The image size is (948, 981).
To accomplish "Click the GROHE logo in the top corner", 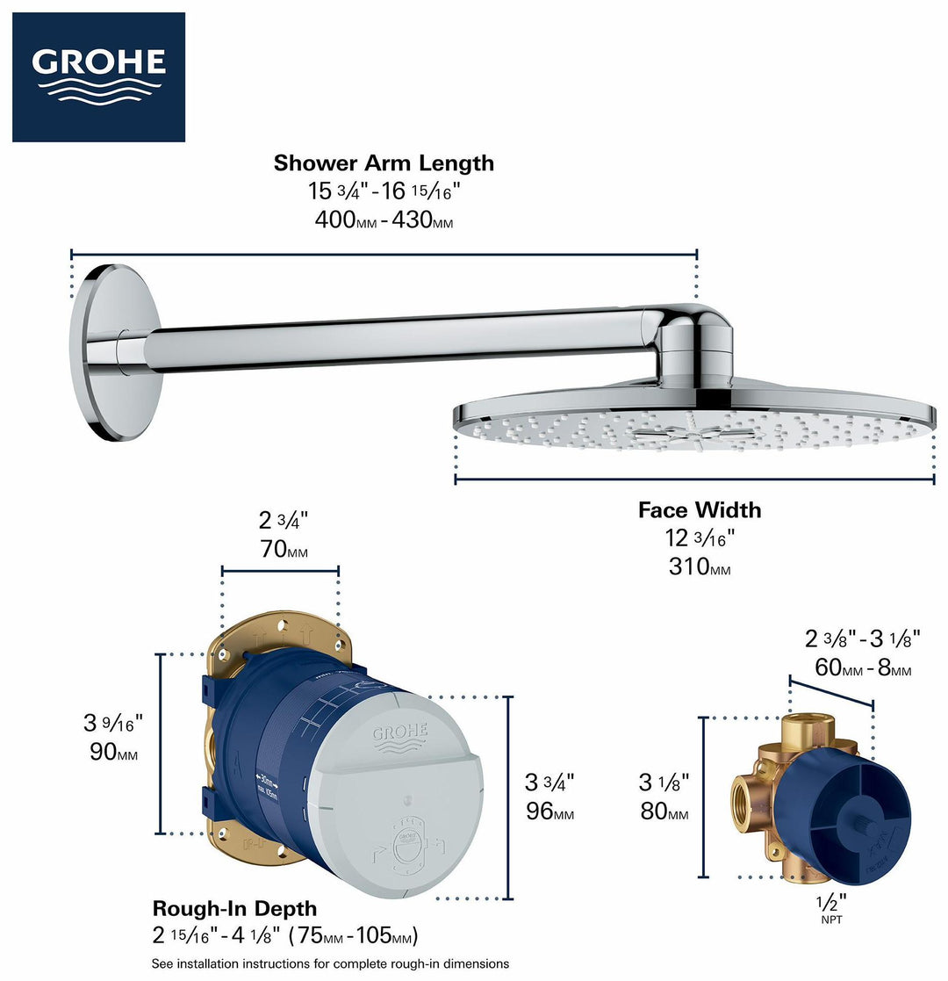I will pos(98,76).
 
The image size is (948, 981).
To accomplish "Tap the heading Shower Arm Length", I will pos(384,163).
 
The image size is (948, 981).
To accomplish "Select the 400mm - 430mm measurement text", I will pos(384,220).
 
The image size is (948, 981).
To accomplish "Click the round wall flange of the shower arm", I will pos(114,351).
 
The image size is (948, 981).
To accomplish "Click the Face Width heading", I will pos(700,510).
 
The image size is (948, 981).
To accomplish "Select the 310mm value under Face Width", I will pos(700,567).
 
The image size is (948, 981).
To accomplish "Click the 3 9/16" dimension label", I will pos(112,724).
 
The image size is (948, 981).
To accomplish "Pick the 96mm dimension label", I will pos(549,811).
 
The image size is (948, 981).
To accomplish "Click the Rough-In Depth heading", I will pos(235,908).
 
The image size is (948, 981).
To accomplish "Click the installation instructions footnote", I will pos(330,963).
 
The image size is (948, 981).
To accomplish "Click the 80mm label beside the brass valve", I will pos(664,812).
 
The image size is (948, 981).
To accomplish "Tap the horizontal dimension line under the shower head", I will pos(693,480).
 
